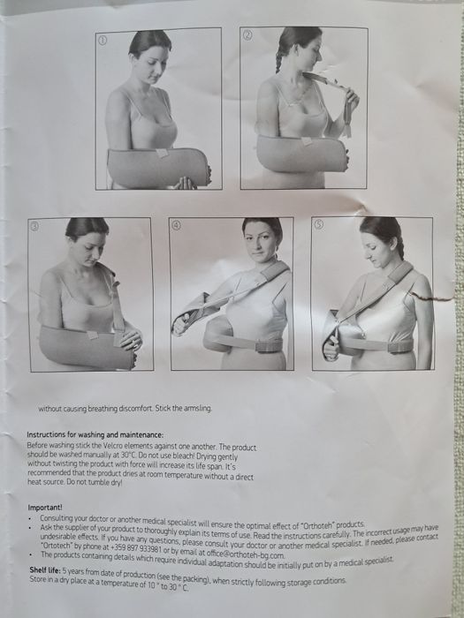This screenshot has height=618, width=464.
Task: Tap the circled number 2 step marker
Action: pos(247,35)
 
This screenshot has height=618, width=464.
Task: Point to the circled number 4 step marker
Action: pos(176,225)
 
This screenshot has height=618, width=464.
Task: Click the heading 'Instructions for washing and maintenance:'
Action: pos(95,434)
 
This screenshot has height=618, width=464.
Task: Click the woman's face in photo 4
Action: pos(262,241)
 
